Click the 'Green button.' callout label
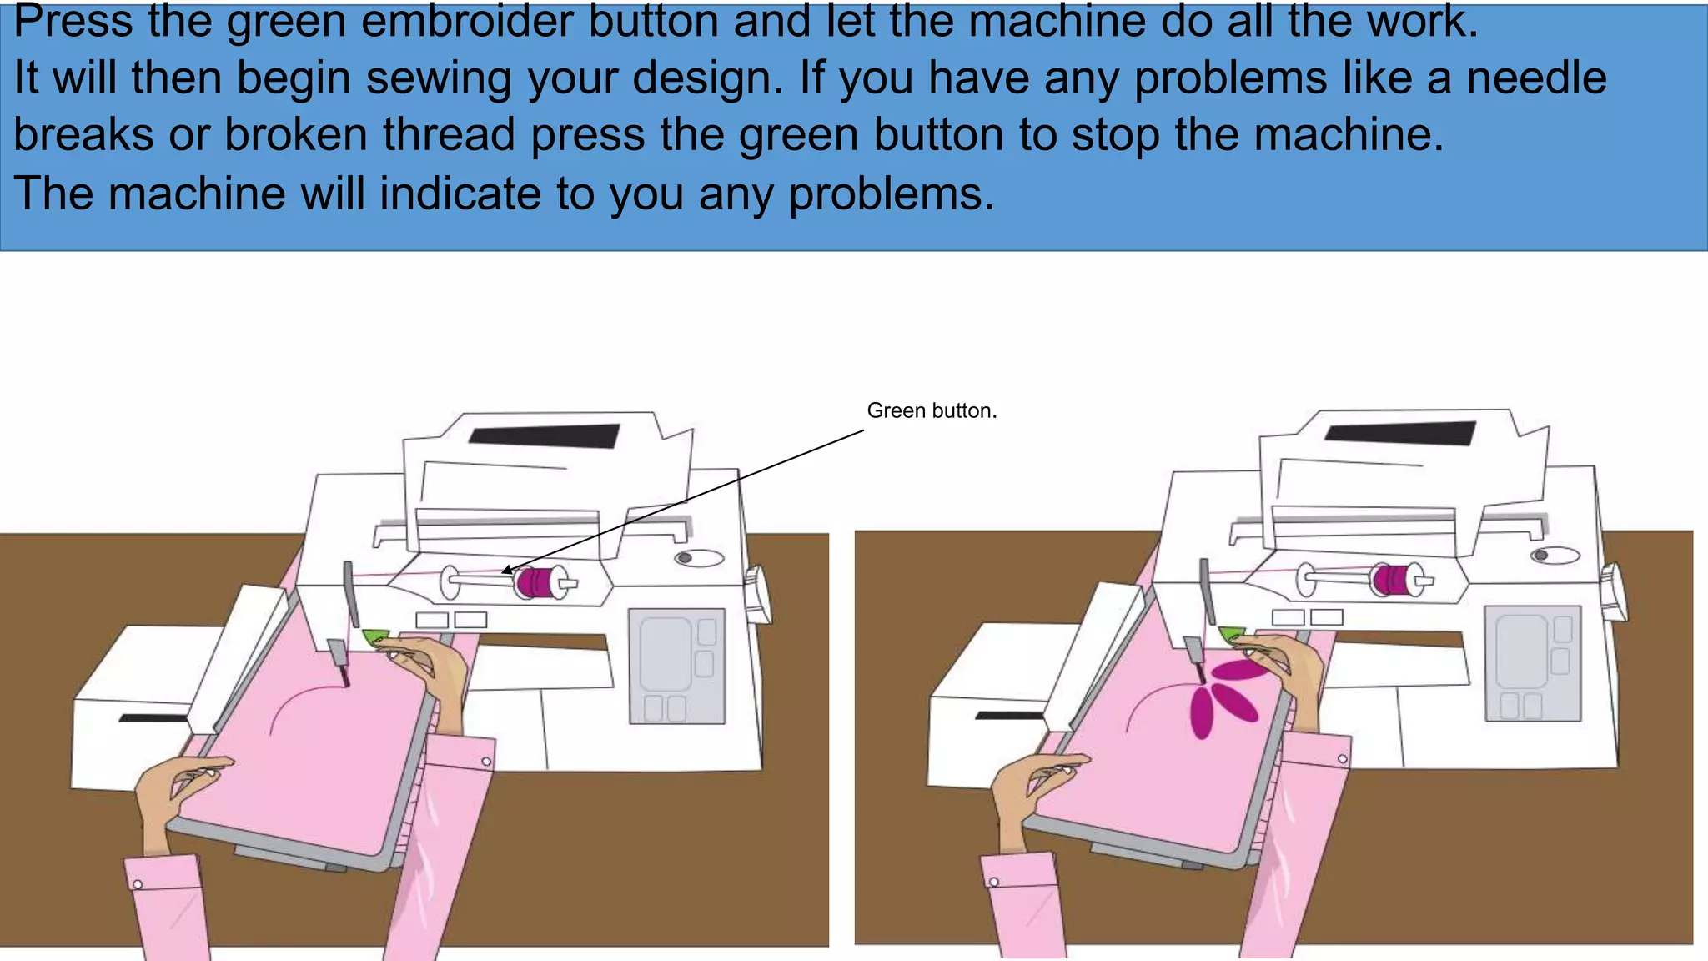(932, 410)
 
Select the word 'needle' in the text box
(1536, 78)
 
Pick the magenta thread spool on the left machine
(535, 582)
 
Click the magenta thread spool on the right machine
(1391, 579)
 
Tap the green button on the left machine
(374, 637)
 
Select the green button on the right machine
(1232, 634)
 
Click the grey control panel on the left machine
(676, 667)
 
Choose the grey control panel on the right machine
(1533, 663)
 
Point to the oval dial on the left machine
(699, 557)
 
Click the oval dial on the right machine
(1555, 555)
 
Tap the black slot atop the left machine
(544, 435)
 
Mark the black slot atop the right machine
(1400, 432)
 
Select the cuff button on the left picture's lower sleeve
(138, 884)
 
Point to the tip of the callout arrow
(503, 572)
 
